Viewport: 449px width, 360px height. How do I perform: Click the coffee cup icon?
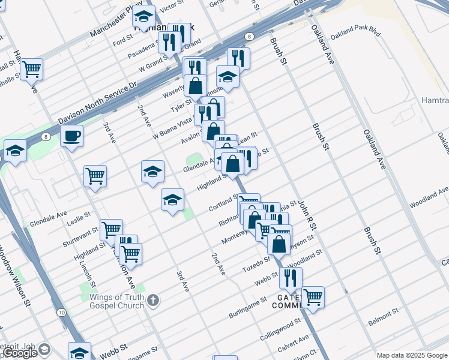coord(71,136)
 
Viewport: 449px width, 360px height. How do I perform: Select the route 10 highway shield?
coord(62,313)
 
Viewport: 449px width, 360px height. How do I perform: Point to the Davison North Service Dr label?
coord(98,103)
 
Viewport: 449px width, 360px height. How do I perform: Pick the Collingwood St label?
coord(281,331)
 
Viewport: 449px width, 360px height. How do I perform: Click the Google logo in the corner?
coord(20,353)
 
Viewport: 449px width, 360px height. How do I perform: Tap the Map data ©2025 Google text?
coord(412,355)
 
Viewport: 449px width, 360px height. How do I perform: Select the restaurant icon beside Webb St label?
coord(291,277)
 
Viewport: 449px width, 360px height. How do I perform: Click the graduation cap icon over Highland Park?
coord(143,16)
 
